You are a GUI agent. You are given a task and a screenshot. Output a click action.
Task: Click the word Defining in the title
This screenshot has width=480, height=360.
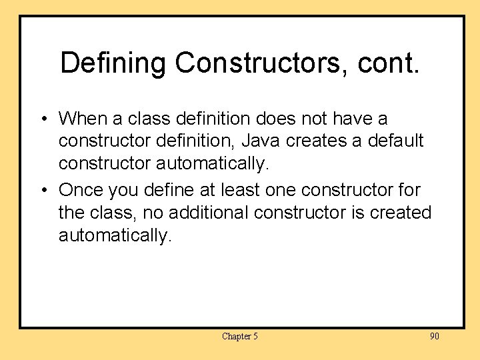point(113,63)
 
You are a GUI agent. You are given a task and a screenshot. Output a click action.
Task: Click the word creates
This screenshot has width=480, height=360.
point(319,141)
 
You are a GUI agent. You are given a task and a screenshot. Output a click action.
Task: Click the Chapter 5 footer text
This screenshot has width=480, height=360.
point(239,336)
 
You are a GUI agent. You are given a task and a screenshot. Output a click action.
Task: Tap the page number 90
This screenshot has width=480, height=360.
point(434,336)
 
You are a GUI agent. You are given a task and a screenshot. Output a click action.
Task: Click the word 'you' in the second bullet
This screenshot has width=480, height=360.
point(123,191)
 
